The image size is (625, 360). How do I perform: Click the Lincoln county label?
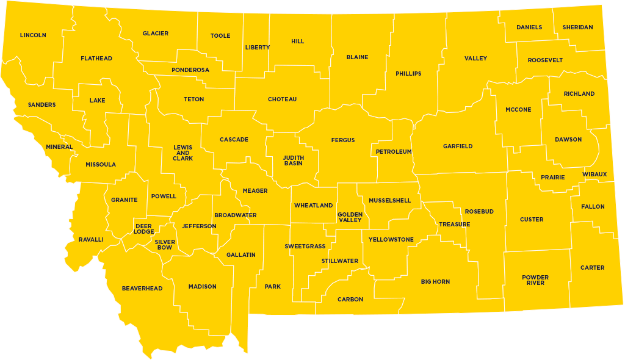tap(33, 35)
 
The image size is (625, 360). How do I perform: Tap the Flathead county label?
tap(96, 59)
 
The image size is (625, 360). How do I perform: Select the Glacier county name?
tap(156, 34)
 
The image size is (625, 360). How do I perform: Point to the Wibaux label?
tap(594, 175)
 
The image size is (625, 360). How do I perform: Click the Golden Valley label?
tap(350, 217)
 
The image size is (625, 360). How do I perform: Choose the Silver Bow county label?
tap(165, 245)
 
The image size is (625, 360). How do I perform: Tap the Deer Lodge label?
tap(144, 229)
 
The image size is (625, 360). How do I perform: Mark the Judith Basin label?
tap(293, 160)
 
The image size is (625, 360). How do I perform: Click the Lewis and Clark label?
tap(183, 153)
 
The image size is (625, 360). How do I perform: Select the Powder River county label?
tap(535, 280)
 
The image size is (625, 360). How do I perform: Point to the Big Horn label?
tap(436, 282)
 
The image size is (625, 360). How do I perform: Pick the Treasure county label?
tap(455, 225)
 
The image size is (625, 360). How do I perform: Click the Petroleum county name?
tap(394, 151)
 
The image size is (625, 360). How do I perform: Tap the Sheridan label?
tap(577, 27)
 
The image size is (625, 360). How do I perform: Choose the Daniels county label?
tap(529, 27)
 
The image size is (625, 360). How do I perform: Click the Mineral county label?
tap(59, 147)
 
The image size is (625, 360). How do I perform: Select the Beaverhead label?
tap(142, 288)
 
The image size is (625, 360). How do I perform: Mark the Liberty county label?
tap(258, 48)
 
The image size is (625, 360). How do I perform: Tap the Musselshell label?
tap(390, 201)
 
